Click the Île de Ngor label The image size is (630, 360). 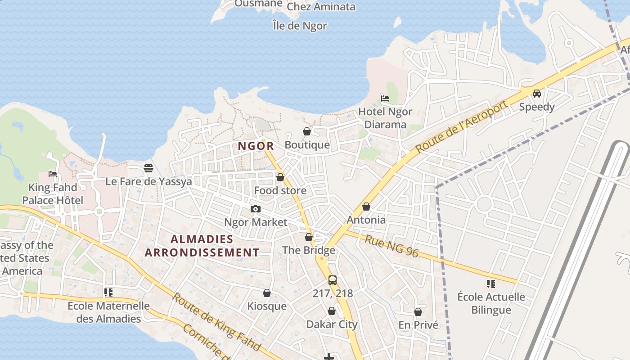[300, 26]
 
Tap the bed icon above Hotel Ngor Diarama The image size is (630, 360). [385, 98]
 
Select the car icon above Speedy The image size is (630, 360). [536, 94]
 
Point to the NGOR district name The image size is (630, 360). [256, 146]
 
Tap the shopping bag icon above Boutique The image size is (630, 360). [307, 131]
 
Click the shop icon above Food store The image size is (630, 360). [280, 177]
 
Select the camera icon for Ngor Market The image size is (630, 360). [255, 209]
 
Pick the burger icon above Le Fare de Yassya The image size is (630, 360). [148, 168]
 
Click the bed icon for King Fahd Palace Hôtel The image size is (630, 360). [53, 174]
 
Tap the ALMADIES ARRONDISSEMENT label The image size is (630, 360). [202, 246]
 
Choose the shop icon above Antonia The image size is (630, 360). [366, 207]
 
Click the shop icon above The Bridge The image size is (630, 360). [309, 237]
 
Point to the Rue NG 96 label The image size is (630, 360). [391, 246]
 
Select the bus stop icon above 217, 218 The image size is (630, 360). [333, 280]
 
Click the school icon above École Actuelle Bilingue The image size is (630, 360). [491, 283]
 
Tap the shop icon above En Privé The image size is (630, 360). [418, 312]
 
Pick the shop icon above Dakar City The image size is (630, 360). [332, 311]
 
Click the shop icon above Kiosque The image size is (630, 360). [267, 293]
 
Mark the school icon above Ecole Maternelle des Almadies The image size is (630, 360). [108, 292]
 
